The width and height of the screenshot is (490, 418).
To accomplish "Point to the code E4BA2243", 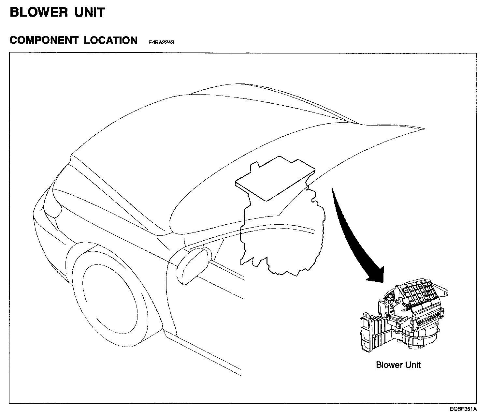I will [161, 42].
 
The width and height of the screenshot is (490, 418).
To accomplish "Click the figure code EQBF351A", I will [464, 409].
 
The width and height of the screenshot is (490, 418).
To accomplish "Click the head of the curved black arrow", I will [378, 276].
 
